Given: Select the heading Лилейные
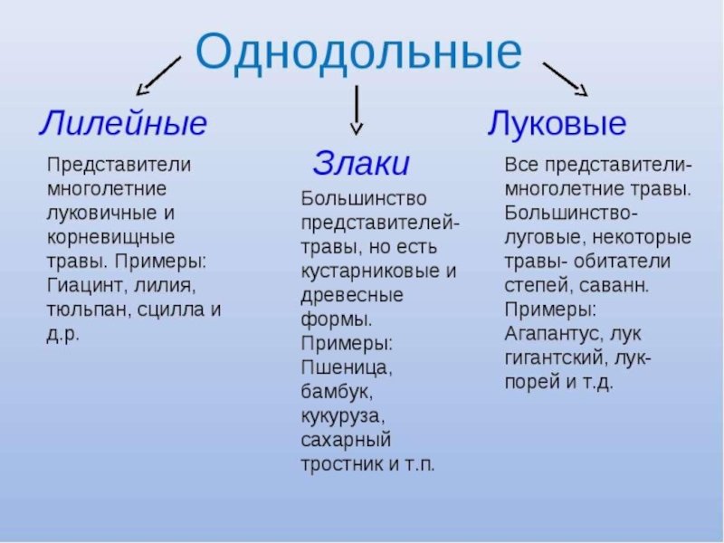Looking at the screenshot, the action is pos(122,124).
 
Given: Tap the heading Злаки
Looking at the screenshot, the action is pos(361,164).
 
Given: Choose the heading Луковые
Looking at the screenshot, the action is pos(557,124).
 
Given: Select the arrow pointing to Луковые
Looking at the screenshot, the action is pos(565,78).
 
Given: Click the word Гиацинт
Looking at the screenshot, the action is pos(85,285).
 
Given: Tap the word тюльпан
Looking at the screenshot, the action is pos(86,310).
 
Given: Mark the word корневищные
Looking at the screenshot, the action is pos(110,237).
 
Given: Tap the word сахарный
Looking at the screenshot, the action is pos(345,441).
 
